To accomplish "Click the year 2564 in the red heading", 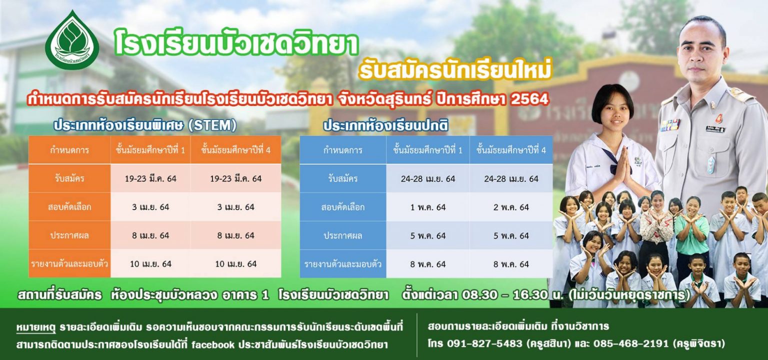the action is click(x=529, y=99).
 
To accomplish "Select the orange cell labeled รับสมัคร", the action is click(x=69, y=178).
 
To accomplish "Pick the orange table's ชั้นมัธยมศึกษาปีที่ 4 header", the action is click(x=236, y=150).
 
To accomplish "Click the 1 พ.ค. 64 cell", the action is click(x=428, y=207).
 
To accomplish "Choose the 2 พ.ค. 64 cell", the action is click(x=511, y=207).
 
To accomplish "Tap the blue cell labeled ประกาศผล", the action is click(x=343, y=235).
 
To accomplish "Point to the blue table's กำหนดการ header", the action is click(x=343, y=150).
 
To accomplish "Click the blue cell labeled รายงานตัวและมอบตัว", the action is click(x=343, y=264).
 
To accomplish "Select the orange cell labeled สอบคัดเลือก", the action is click(x=69, y=206).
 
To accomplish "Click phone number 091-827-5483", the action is click(x=485, y=343).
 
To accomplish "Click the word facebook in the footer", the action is click(x=213, y=344).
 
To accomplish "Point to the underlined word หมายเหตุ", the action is click(x=35, y=327).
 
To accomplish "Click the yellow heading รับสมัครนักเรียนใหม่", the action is click(x=455, y=69).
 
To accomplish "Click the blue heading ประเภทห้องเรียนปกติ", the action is click(x=385, y=126).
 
